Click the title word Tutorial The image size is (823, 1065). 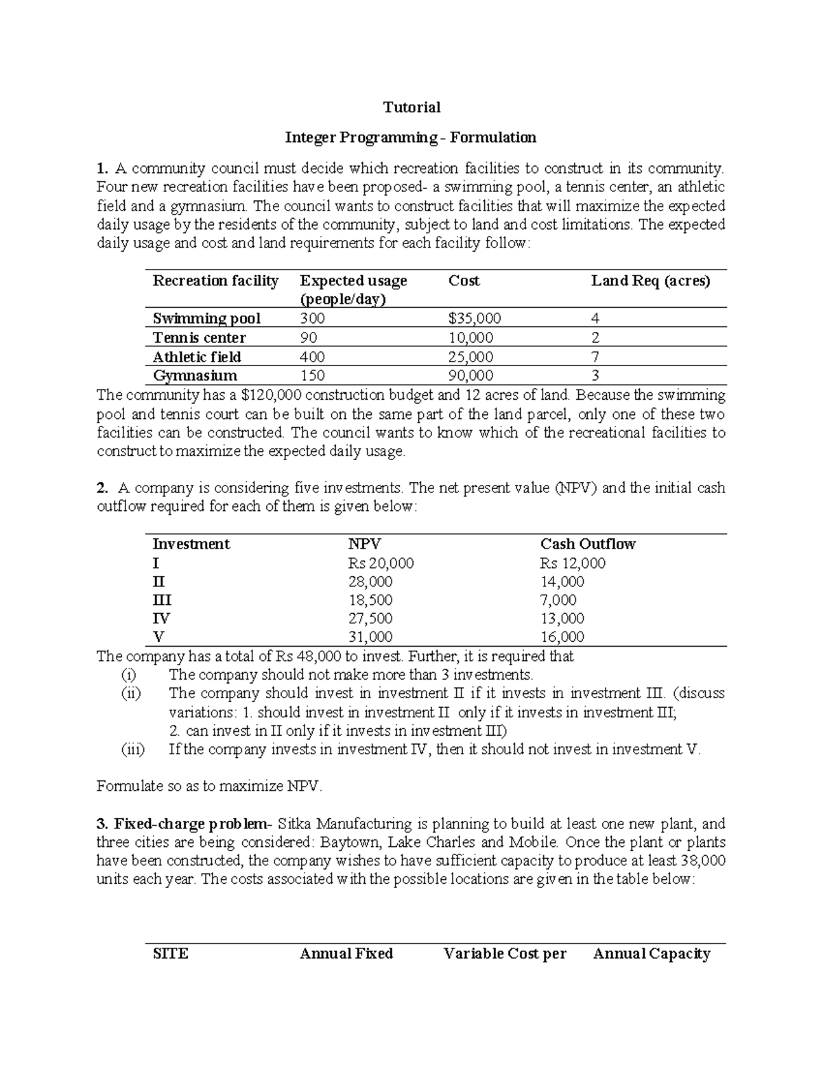pyautogui.click(x=411, y=108)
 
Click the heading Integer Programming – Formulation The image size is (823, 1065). pyautogui.click(x=411, y=138)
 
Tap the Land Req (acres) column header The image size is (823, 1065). pyautogui.click(x=650, y=281)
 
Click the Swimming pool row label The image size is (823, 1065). pyautogui.click(x=206, y=319)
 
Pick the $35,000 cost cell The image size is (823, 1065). pyautogui.click(x=475, y=319)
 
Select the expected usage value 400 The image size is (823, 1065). pyautogui.click(x=313, y=357)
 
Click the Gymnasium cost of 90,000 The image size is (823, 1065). pyautogui.click(x=470, y=376)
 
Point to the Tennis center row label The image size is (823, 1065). pyautogui.click(x=199, y=338)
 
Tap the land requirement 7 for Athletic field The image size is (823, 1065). pyautogui.click(x=595, y=357)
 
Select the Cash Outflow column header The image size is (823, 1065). pyautogui.click(x=588, y=545)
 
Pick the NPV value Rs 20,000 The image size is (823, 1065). pyautogui.click(x=381, y=564)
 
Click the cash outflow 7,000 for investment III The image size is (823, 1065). pyautogui.click(x=558, y=600)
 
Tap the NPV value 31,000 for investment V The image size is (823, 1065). pyautogui.click(x=370, y=637)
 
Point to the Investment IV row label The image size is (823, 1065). pyautogui.click(x=161, y=619)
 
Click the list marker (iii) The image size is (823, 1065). pyautogui.click(x=132, y=750)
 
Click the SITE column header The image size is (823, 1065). pyautogui.click(x=170, y=954)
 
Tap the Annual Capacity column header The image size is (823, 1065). pyautogui.click(x=651, y=954)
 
